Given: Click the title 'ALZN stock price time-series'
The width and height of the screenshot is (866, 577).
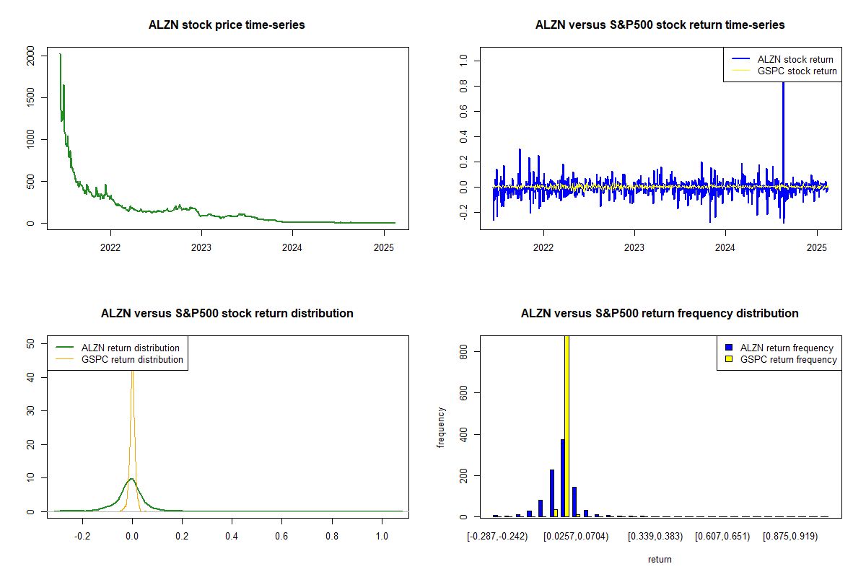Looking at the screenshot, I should click(x=227, y=25).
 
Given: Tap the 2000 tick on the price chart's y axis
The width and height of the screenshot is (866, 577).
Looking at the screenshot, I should click(x=30, y=55).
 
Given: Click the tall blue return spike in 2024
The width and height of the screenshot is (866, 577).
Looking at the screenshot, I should click(x=783, y=108).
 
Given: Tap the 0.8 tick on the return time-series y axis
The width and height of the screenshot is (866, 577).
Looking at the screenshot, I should click(x=463, y=87).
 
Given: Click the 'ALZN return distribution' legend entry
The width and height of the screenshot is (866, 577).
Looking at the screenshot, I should click(x=131, y=348).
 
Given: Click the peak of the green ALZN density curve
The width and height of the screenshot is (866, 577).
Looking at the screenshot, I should click(x=131, y=478).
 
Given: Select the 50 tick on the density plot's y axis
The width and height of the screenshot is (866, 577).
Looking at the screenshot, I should click(x=30, y=344).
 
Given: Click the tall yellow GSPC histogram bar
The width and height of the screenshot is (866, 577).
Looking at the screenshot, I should click(x=567, y=426).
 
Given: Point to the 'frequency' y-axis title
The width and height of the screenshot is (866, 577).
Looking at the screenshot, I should click(x=441, y=428).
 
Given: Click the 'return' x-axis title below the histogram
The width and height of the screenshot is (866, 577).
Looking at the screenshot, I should click(x=660, y=559).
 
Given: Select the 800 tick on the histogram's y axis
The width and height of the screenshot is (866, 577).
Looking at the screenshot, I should click(x=463, y=351).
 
